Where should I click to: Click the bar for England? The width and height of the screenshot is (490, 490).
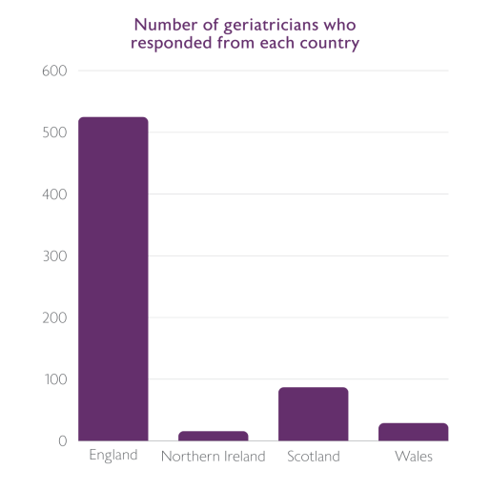point(113,278)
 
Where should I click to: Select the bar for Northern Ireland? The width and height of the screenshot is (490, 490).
point(214,436)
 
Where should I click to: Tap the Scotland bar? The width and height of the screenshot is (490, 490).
point(314,414)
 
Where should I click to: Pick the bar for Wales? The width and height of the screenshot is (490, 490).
point(413,432)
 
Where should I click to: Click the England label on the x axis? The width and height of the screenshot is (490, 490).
point(113,456)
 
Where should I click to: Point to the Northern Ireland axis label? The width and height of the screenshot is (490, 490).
point(214,457)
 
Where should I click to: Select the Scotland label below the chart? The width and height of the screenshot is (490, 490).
point(314,457)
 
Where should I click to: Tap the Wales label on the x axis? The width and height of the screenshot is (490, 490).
point(413,457)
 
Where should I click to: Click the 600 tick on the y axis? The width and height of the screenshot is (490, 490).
point(54,71)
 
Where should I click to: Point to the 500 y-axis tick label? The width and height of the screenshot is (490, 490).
point(54,133)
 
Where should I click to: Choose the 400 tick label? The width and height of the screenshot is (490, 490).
point(54,194)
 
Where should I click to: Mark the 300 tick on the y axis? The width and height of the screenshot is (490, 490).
point(54,255)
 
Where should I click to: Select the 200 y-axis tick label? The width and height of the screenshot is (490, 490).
point(54,317)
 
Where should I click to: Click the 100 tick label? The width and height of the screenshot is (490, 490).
point(54,379)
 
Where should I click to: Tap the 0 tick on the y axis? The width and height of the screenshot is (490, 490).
point(62,440)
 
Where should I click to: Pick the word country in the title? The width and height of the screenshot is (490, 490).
point(332,44)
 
